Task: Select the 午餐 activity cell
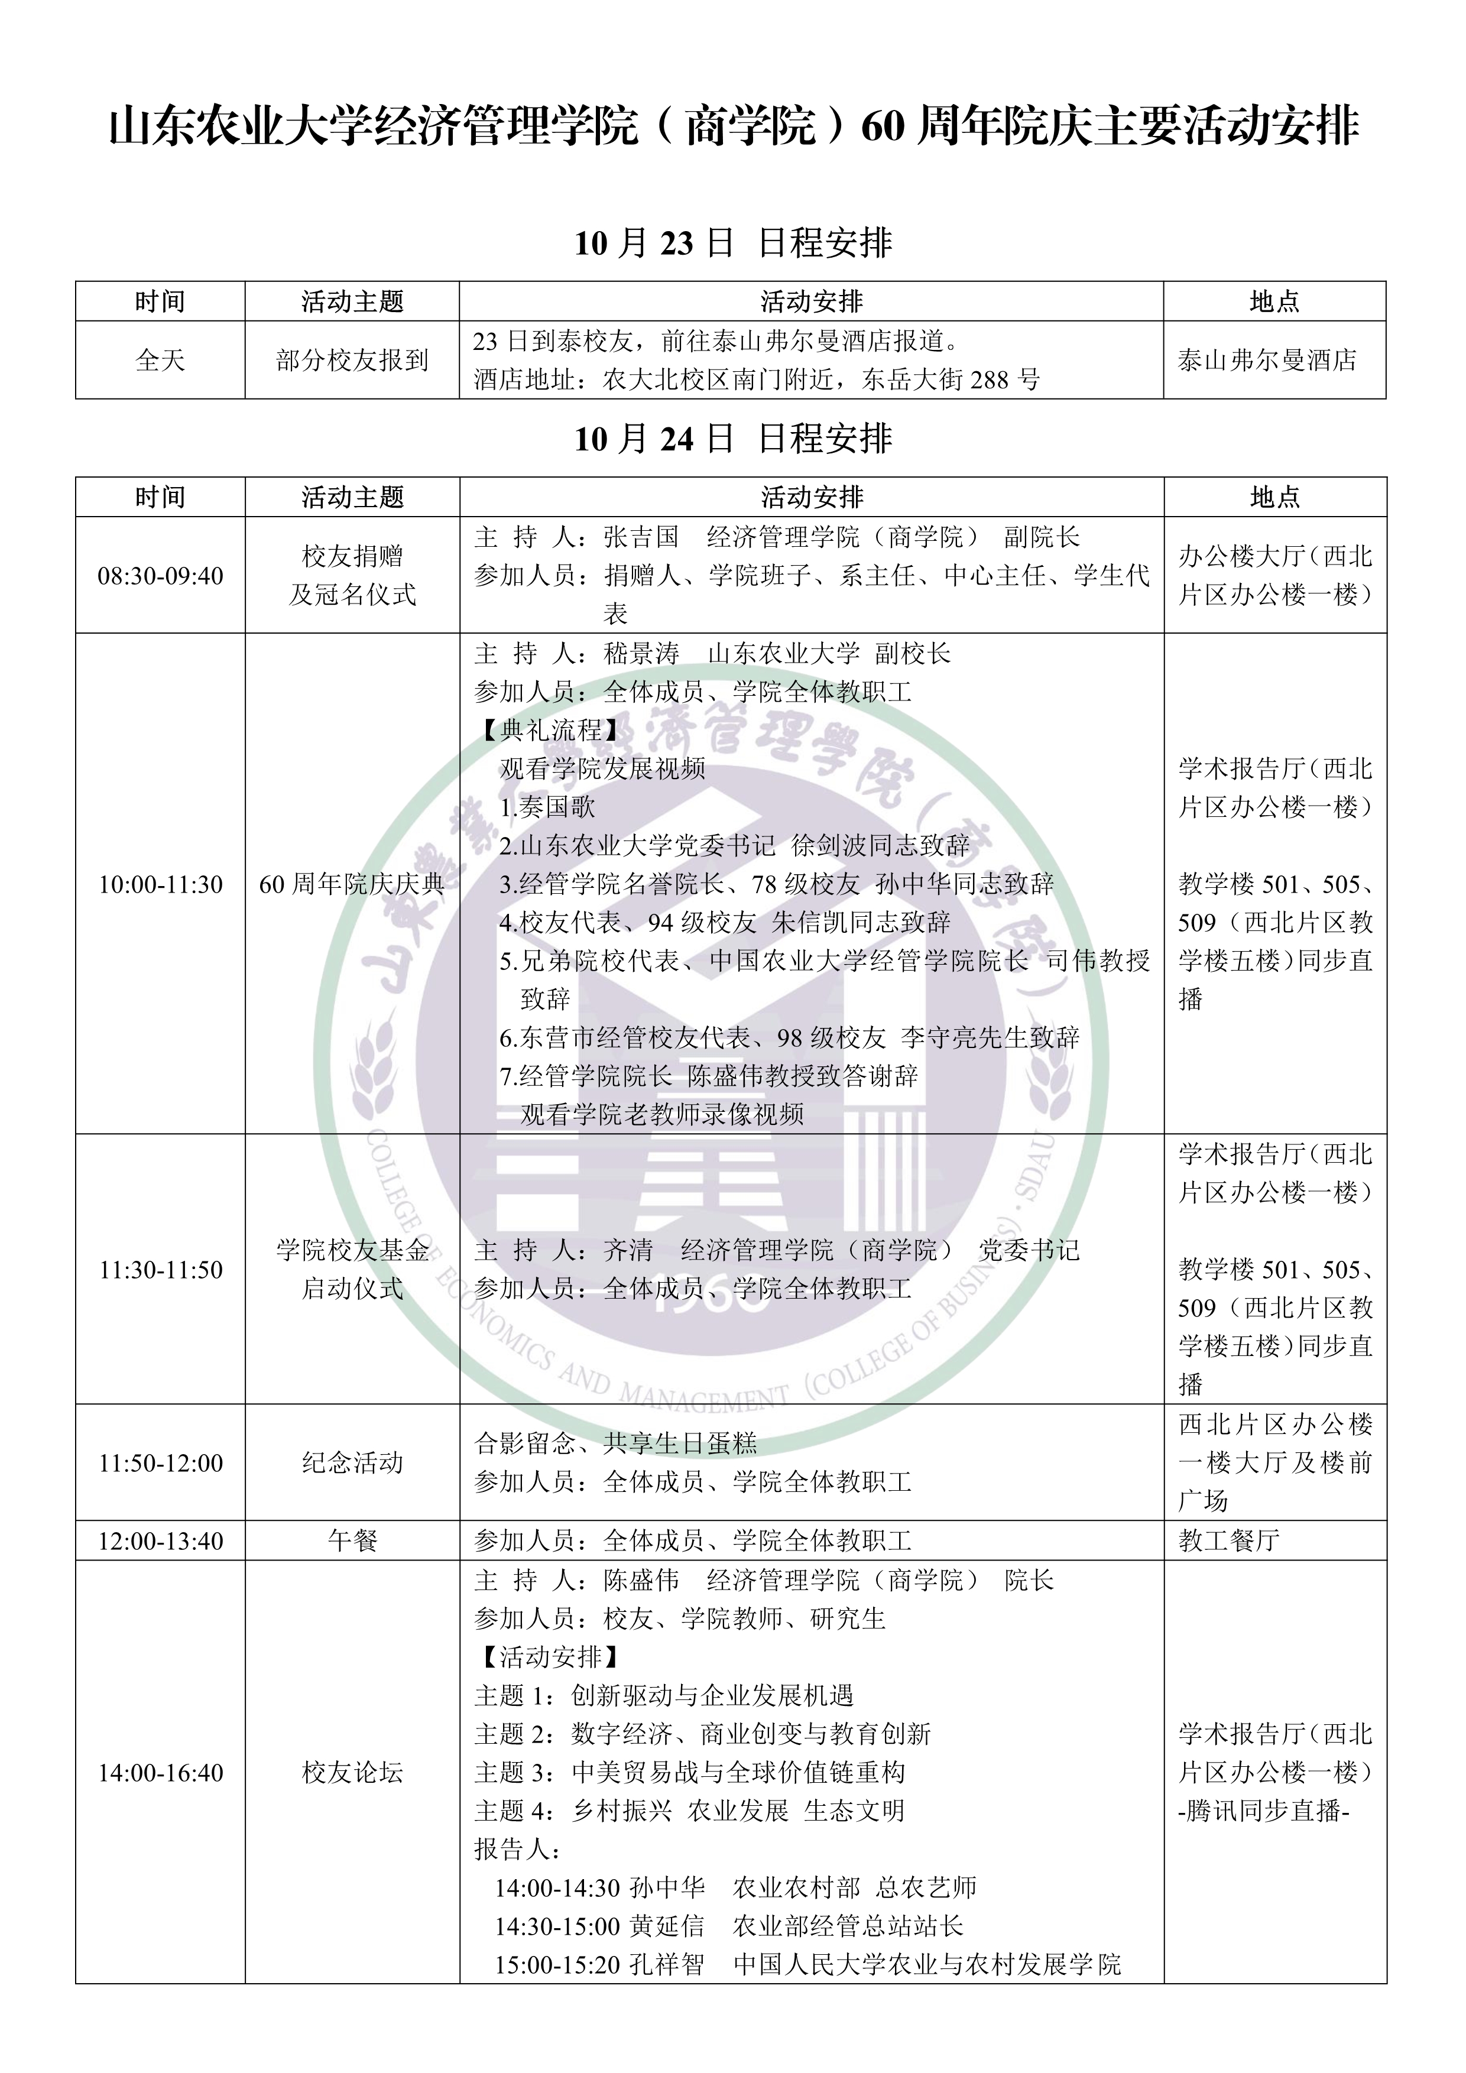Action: pyautogui.click(x=352, y=1541)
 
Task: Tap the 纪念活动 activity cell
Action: pyautogui.click(x=352, y=1462)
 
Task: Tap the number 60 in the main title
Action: pyautogui.click(x=882, y=126)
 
